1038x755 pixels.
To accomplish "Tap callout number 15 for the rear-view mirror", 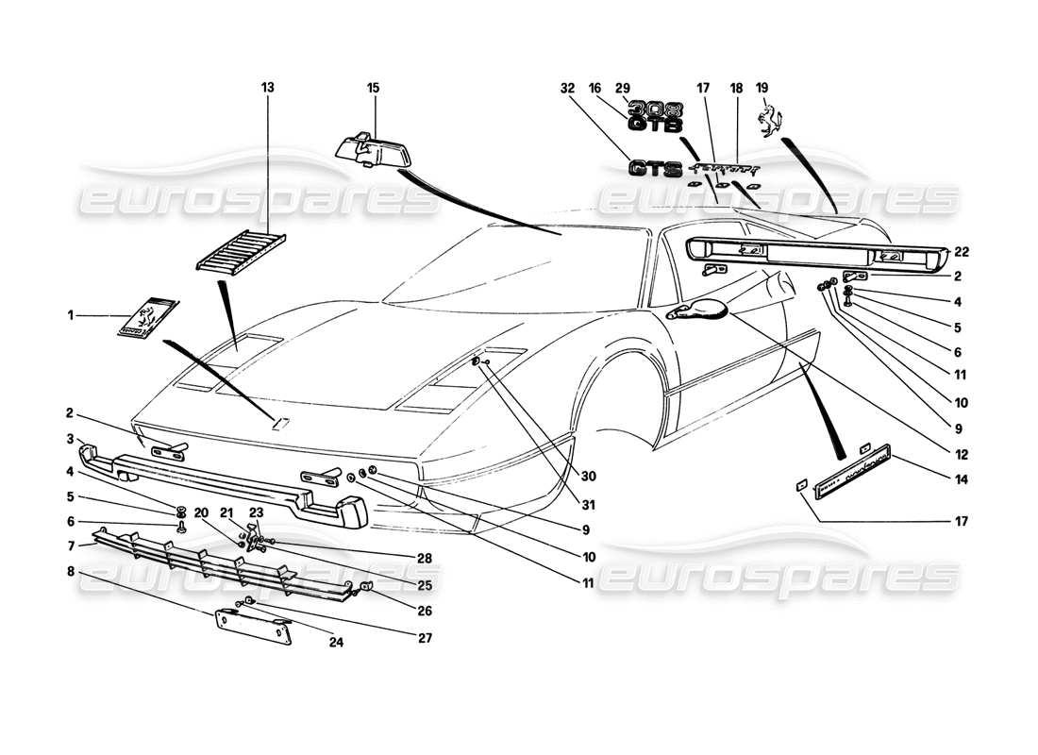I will click(x=373, y=88).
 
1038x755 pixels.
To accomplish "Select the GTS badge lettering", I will click(x=656, y=169).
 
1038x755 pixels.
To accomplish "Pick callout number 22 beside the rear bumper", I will click(x=962, y=251).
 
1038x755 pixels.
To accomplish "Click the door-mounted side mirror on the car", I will click(x=698, y=309).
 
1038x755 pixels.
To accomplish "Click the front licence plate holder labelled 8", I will click(x=253, y=628).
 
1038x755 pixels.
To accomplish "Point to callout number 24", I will click(x=337, y=646).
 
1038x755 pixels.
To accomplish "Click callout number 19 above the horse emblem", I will click(x=762, y=88).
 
